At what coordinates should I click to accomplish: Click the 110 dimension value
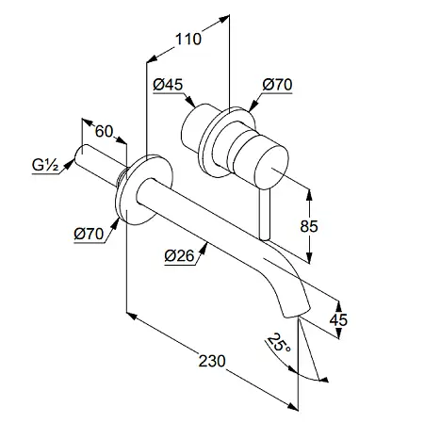tap(188, 40)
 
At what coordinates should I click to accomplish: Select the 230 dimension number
tap(212, 361)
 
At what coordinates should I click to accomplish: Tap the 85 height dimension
tap(309, 226)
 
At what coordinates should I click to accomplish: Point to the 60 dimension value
tap(104, 131)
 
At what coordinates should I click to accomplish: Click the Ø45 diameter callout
tap(168, 85)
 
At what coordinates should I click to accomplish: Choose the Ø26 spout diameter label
tap(179, 256)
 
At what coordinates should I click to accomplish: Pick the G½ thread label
tap(45, 165)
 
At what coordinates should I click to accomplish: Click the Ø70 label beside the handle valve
tap(277, 85)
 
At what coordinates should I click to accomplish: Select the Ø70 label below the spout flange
tap(89, 234)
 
